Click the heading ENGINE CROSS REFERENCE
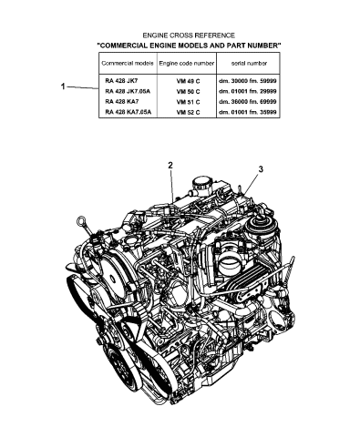[x=189, y=34]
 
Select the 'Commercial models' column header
[x=126, y=63]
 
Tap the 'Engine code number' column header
[x=186, y=63]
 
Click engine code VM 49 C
[x=187, y=81]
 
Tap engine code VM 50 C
[x=187, y=91]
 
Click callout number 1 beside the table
[x=62, y=86]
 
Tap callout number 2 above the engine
[x=170, y=165]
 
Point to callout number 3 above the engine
[x=260, y=169]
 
